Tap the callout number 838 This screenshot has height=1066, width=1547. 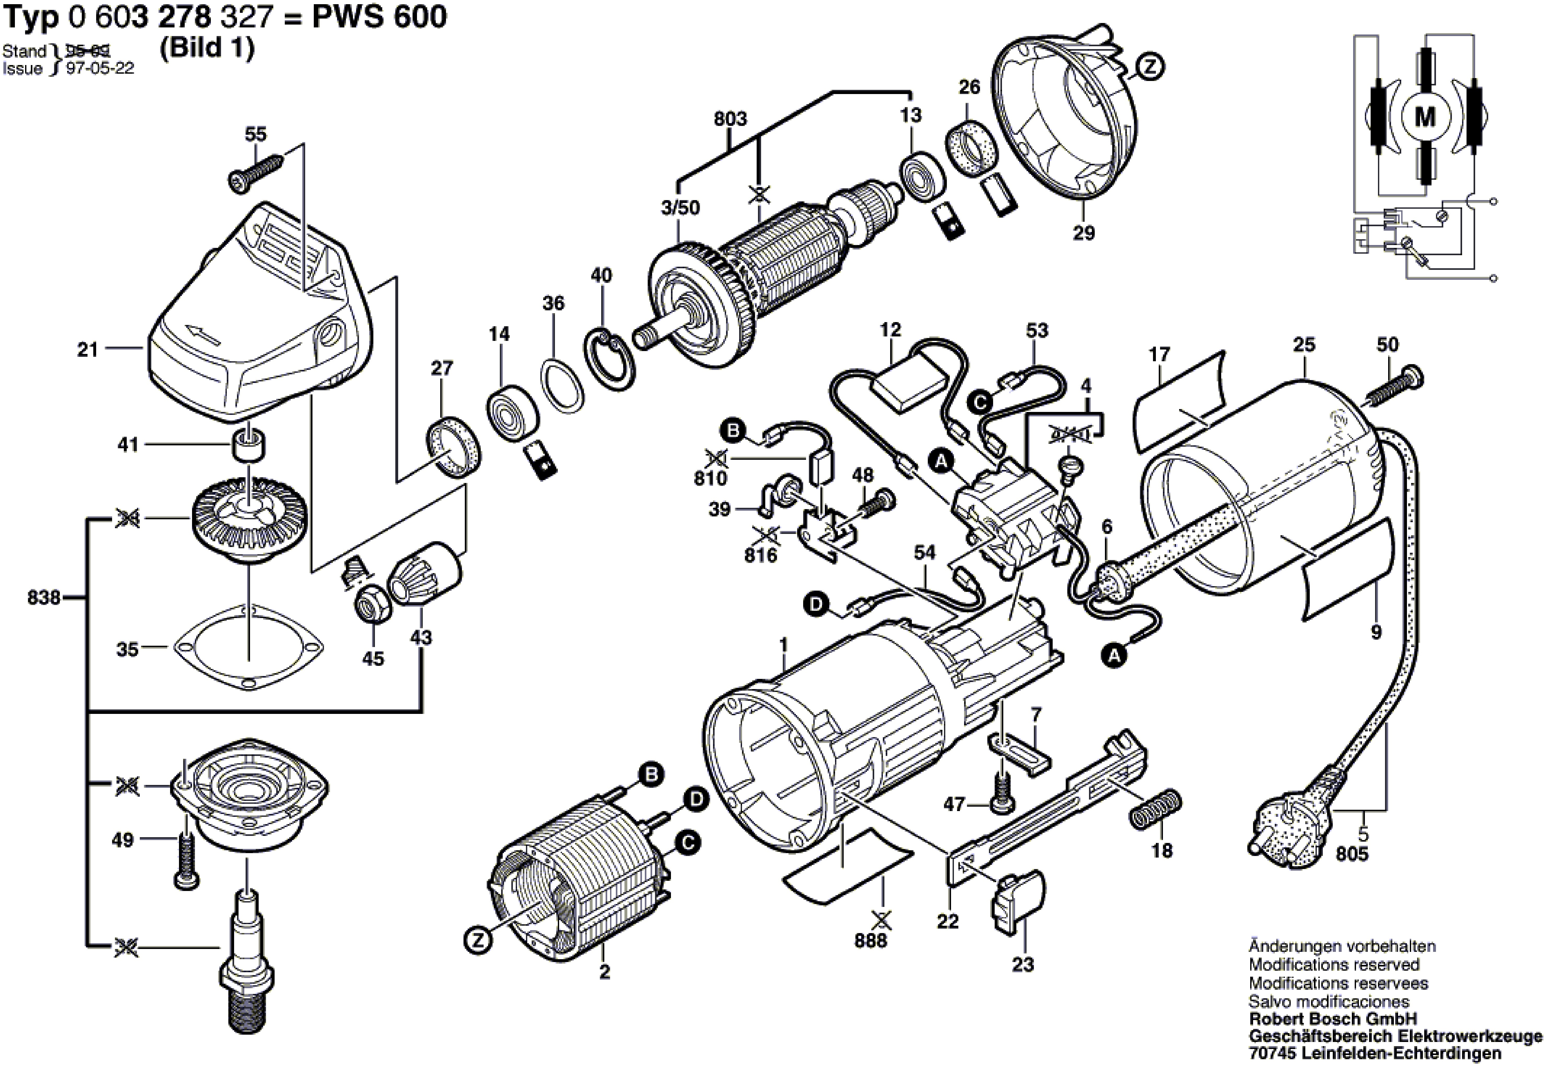tap(44, 597)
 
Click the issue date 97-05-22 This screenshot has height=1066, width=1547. tap(100, 68)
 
